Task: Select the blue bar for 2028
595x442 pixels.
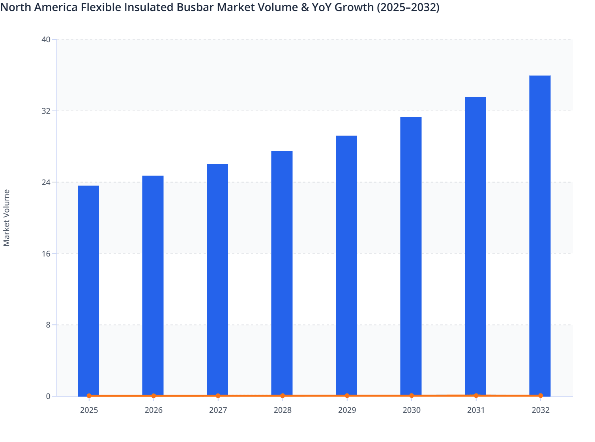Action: (x=282, y=272)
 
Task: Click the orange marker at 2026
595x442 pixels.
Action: (x=153, y=396)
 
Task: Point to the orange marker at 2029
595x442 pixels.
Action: (x=347, y=395)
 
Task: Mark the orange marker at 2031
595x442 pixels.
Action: (x=476, y=395)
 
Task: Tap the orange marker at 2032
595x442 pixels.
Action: (x=540, y=395)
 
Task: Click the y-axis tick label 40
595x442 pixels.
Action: (x=46, y=39)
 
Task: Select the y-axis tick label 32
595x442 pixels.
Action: (x=46, y=111)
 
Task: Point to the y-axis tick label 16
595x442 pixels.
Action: (x=46, y=253)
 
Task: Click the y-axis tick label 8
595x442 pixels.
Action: (x=48, y=325)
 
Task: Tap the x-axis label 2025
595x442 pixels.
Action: (x=89, y=410)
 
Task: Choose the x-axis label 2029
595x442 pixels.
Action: (x=347, y=410)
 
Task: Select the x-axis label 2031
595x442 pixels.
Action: (x=476, y=410)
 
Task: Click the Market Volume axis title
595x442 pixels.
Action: (x=7, y=217)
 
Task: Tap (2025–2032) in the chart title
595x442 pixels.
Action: (x=408, y=7)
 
